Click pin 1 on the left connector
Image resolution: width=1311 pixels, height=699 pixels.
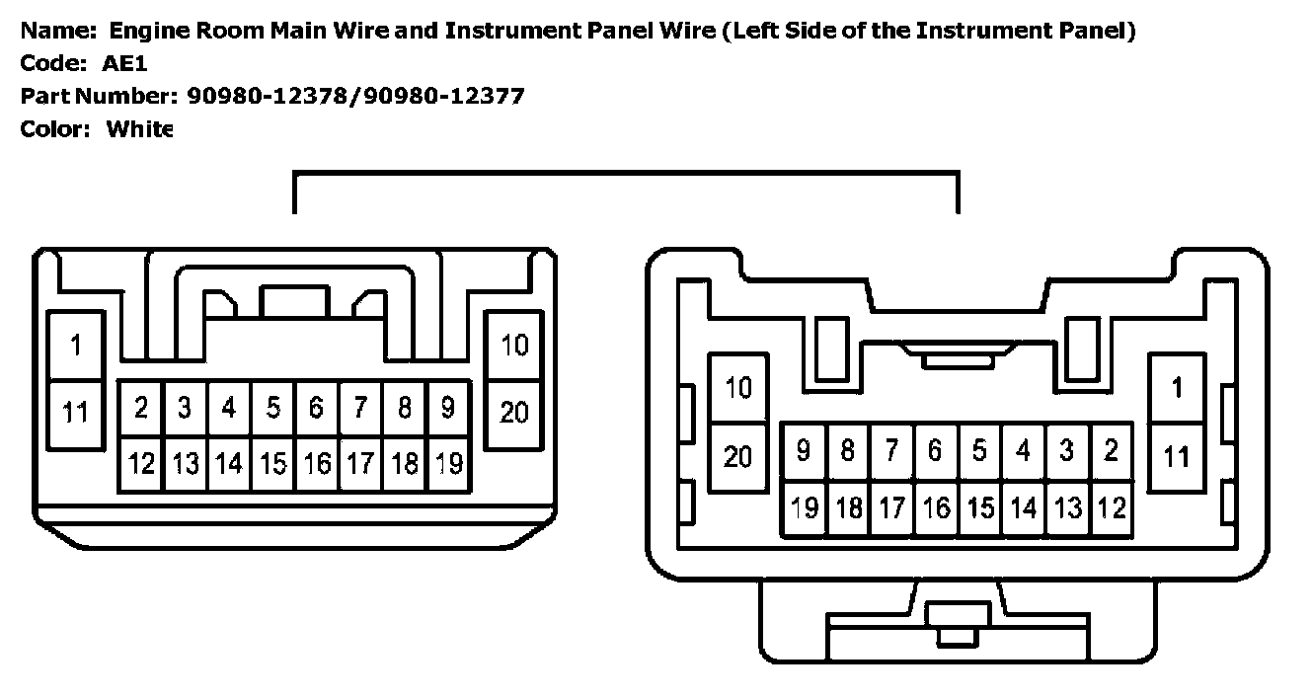coord(75,346)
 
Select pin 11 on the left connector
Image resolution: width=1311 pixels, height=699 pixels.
coord(75,413)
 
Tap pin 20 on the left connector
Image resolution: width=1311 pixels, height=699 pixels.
coord(513,413)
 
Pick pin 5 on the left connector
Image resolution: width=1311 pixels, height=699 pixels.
coord(272,408)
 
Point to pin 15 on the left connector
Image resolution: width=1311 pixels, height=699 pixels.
coord(272,463)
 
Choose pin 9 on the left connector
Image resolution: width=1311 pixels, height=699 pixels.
coord(447,408)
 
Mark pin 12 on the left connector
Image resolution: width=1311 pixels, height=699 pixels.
coord(142,463)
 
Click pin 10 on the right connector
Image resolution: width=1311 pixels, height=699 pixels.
coord(737,388)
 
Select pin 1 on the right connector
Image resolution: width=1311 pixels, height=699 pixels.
coord(1176,388)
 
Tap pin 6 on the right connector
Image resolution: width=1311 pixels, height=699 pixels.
coord(935,451)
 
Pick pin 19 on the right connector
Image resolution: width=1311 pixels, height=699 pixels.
coord(805,507)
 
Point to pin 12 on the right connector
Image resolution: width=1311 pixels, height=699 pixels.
coord(1111,507)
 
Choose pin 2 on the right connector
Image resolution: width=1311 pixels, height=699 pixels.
coord(1111,451)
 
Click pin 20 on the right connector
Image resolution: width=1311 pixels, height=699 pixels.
coord(737,456)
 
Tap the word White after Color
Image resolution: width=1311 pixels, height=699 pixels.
coord(139,128)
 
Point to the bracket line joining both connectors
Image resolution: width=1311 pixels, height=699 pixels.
coord(626,173)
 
